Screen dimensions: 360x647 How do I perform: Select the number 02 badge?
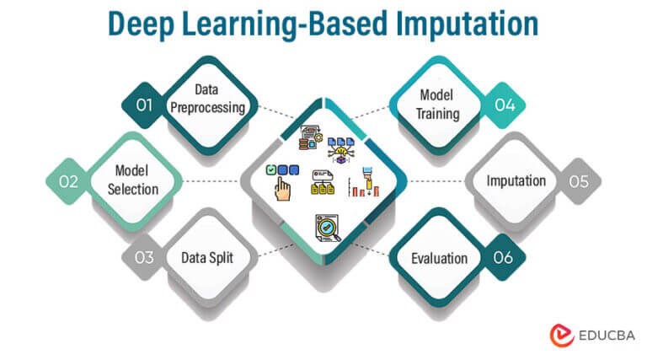coord(68,181)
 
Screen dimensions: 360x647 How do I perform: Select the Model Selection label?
coord(133,181)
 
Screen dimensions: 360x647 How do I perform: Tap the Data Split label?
coord(206,257)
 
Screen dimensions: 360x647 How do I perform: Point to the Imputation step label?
coord(516,181)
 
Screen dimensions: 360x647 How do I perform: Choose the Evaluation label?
coord(438,257)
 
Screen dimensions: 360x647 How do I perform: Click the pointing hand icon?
coord(283,187)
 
